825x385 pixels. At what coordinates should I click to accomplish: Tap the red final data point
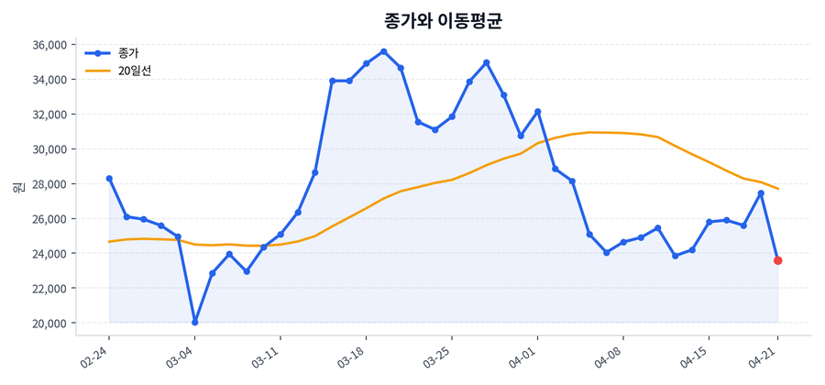click(777, 260)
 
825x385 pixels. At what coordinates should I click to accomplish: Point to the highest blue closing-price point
click(383, 51)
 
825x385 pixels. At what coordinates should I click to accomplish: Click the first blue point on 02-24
click(109, 179)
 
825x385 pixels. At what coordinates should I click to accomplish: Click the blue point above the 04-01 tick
click(538, 112)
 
